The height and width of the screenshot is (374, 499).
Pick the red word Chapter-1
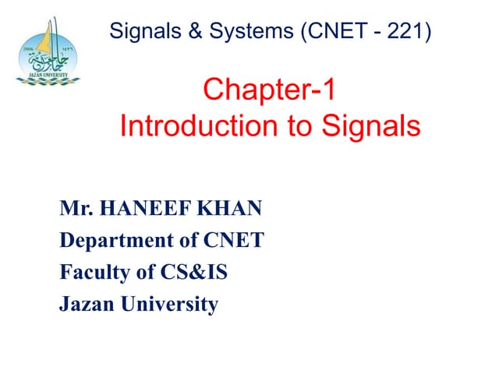[269, 91]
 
